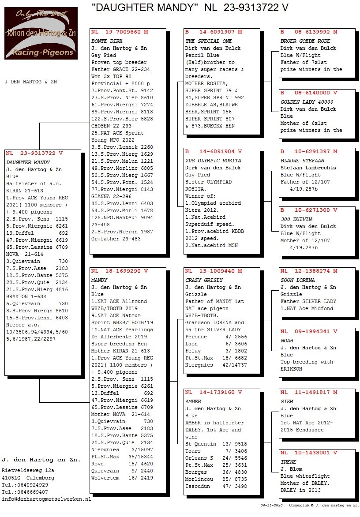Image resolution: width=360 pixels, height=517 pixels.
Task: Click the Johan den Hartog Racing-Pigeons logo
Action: click(x=41, y=33)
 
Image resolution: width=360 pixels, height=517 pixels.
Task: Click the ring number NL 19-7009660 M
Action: click(x=120, y=32)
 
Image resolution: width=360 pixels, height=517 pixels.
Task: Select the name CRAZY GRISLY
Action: click(x=204, y=280)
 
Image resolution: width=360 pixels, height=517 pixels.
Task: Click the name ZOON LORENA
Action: click(x=297, y=280)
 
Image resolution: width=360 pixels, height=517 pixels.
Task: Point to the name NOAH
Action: click(x=287, y=341)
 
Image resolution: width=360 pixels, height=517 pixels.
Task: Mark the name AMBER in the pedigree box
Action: click(x=193, y=401)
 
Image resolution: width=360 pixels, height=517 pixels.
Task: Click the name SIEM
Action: click(x=287, y=401)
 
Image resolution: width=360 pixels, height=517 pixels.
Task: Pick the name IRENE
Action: click(x=288, y=462)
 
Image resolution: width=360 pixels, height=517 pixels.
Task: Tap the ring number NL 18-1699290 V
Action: click(x=120, y=271)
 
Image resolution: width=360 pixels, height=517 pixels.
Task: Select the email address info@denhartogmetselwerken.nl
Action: click(x=46, y=499)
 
